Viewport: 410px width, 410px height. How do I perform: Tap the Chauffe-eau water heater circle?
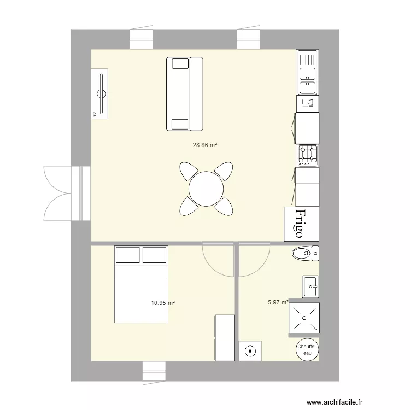pos(307,350)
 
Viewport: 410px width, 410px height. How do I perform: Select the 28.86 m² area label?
pos(205,145)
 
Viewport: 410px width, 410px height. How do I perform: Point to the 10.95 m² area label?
pos(163,303)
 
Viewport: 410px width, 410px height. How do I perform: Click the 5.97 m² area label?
pos(278,302)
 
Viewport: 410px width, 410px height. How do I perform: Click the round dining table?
pos(206,189)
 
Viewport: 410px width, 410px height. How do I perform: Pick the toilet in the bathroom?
pos(306,253)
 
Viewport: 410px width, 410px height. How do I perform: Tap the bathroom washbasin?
pos(311,286)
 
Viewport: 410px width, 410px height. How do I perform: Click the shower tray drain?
pos(304,318)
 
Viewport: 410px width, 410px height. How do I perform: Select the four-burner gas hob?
pos(307,156)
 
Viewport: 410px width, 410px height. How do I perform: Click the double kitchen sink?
pos(307,72)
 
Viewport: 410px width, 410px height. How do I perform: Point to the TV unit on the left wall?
pos(99,94)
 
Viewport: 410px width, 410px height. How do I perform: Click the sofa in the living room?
pos(185,94)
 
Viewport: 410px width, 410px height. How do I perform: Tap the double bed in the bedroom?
pos(141,284)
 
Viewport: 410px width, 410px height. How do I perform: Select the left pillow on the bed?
pos(127,255)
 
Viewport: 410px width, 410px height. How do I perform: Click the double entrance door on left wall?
pos(67,194)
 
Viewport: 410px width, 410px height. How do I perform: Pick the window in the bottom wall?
pos(154,371)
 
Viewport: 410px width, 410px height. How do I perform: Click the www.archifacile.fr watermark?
pos(335,402)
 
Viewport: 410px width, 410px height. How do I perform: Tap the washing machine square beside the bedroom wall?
pos(250,351)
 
